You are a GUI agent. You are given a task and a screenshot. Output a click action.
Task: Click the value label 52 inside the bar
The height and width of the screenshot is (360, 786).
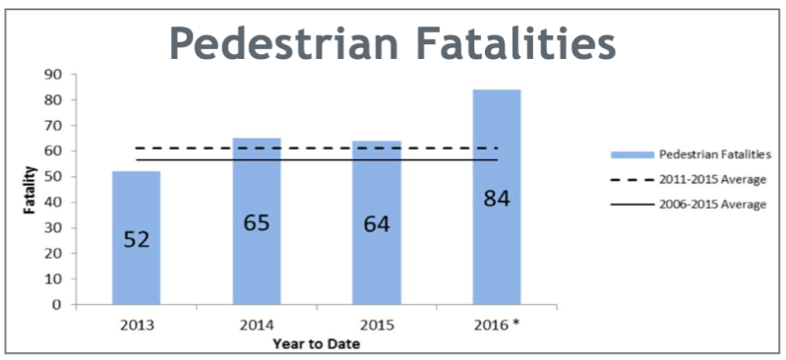click(x=136, y=238)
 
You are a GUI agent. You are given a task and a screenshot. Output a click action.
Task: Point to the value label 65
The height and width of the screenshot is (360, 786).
click(x=257, y=222)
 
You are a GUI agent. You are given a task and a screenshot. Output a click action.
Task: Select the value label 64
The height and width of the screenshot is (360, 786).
click(x=377, y=224)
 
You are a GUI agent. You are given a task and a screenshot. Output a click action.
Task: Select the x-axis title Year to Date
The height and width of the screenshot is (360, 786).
click(x=316, y=343)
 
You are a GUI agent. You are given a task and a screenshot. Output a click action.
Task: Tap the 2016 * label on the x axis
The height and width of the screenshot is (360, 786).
click(x=498, y=324)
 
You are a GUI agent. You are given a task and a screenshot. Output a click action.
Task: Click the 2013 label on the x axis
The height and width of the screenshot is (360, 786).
click(x=136, y=324)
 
